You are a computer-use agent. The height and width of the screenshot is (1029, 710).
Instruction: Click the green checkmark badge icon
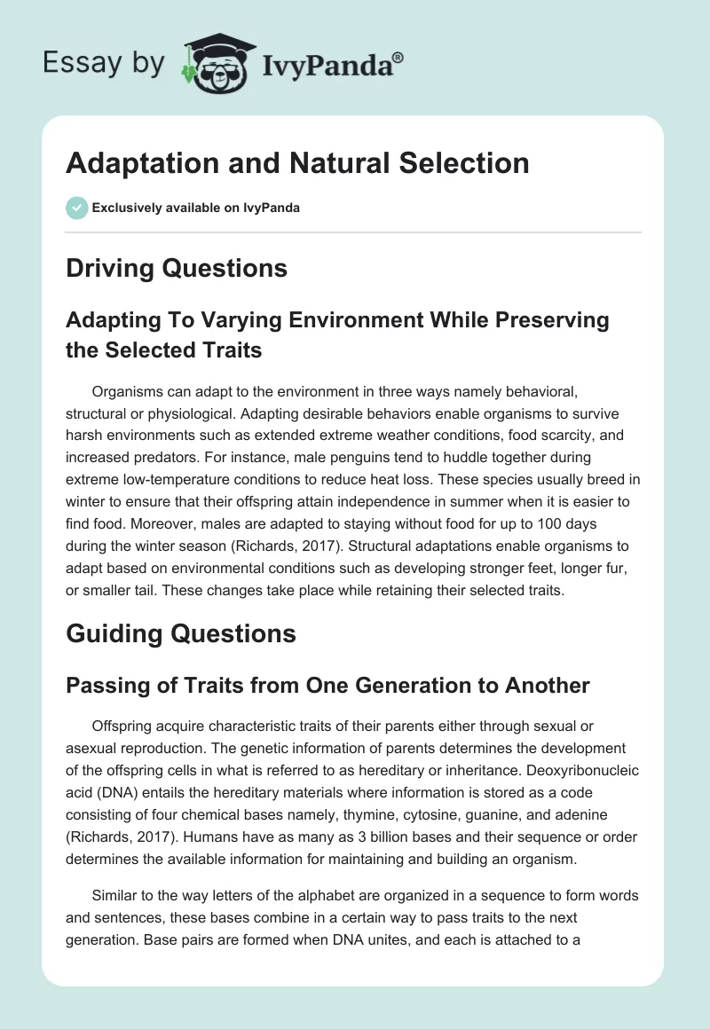pos(76,208)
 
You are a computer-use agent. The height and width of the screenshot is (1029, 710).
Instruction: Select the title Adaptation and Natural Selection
pos(297,163)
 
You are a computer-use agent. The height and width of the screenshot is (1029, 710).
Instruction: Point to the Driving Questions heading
pos(177,268)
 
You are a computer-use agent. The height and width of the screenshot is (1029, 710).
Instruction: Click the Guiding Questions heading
pos(180,633)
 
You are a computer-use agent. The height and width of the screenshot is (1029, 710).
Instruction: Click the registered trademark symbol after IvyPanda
pos(398,58)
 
